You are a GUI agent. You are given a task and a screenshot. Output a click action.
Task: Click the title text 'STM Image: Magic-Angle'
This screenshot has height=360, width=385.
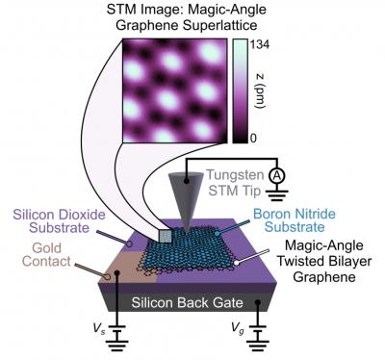(x=192, y=11)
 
